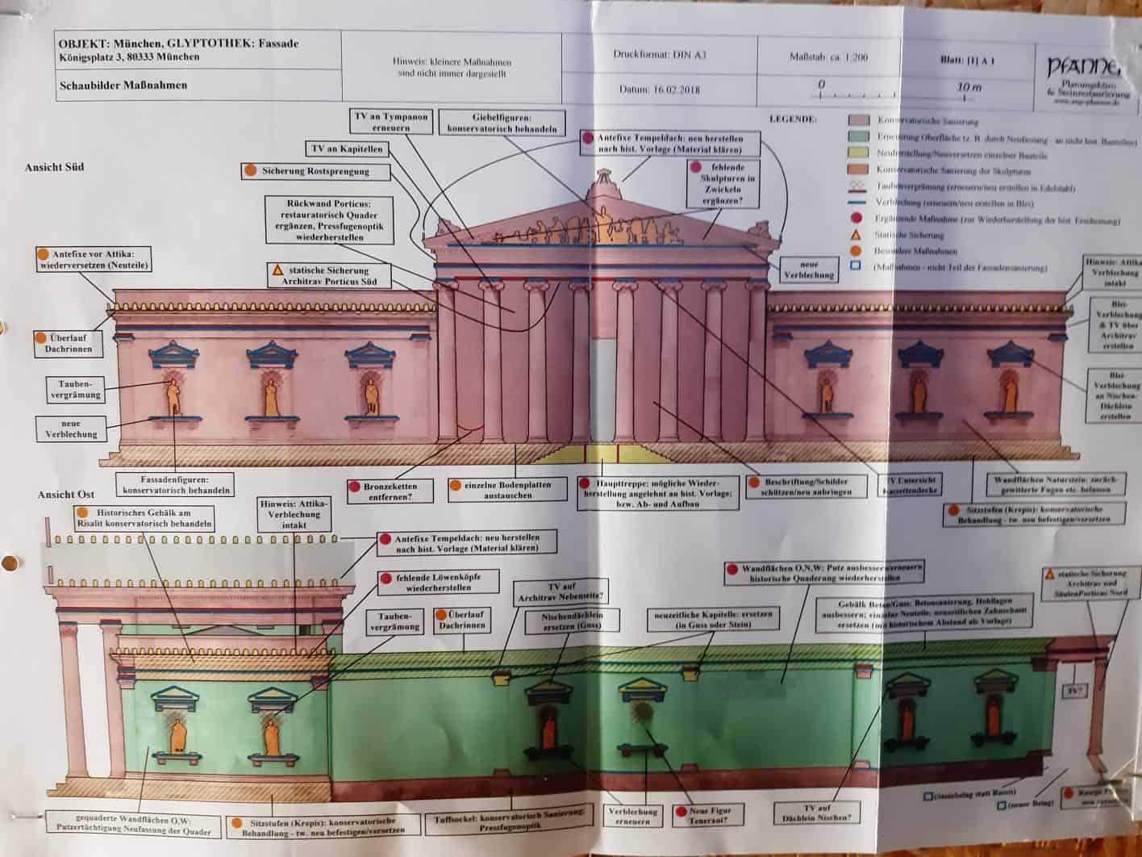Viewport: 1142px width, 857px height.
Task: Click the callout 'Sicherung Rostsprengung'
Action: pos(315,171)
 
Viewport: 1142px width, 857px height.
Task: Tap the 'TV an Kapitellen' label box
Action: pos(347,149)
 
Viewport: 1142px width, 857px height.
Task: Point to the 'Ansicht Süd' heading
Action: pos(54,167)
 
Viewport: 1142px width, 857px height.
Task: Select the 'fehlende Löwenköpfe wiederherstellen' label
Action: pos(437,583)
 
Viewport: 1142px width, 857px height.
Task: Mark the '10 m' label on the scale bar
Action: pos(968,86)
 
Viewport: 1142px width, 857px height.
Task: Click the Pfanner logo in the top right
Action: pos(1084,76)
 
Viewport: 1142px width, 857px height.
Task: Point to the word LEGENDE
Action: pos(792,119)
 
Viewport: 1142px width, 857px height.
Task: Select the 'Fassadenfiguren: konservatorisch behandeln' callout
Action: pos(175,484)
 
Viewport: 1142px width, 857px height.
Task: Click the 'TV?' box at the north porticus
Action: pos(1073,691)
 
